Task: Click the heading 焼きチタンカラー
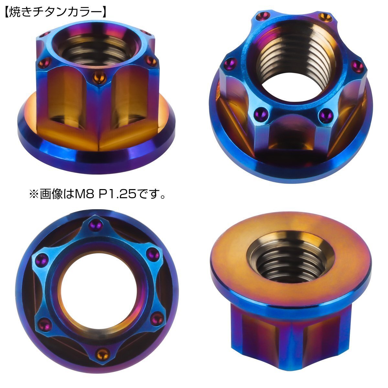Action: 55,13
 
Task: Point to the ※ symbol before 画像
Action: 34,194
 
